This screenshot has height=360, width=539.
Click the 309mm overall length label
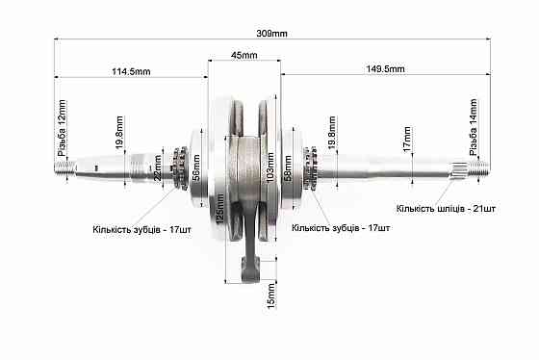271,34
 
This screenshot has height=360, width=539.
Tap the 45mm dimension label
244,55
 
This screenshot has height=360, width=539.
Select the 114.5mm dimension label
131,71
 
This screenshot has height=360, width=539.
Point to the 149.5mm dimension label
385,68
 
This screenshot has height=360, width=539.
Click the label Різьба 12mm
62,128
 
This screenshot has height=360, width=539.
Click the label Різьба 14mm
474,127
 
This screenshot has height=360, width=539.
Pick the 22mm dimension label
158,167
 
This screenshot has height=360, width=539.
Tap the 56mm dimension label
196,167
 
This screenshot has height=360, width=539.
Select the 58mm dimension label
288,168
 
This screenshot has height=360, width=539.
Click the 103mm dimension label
270,167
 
